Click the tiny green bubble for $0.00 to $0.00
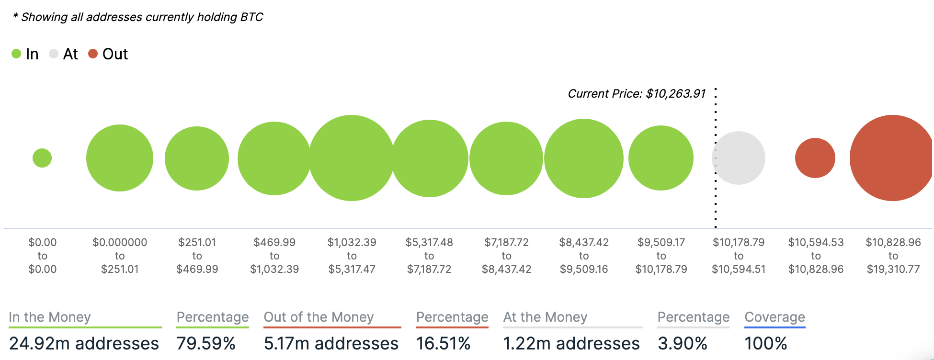coord(42,158)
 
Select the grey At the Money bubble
coord(739,158)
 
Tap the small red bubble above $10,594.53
coord(815,158)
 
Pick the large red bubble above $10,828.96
coord(892,158)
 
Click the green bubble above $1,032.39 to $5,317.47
coord(352,158)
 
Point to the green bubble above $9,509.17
coord(661,158)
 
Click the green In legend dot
coord(16,54)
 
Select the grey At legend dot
coord(54,54)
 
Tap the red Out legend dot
coord(93,54)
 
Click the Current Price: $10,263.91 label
coord(637,93)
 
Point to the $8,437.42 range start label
coord(584,242)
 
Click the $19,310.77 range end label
coord(893,269)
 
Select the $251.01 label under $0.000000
coord(120,269)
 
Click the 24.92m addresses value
coord(84,343)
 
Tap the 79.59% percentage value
coord(206,343)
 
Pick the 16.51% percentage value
coord(443,343)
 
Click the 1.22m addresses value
coord(571,343)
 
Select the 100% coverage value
coord(766,343)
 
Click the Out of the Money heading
coord(319,317)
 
